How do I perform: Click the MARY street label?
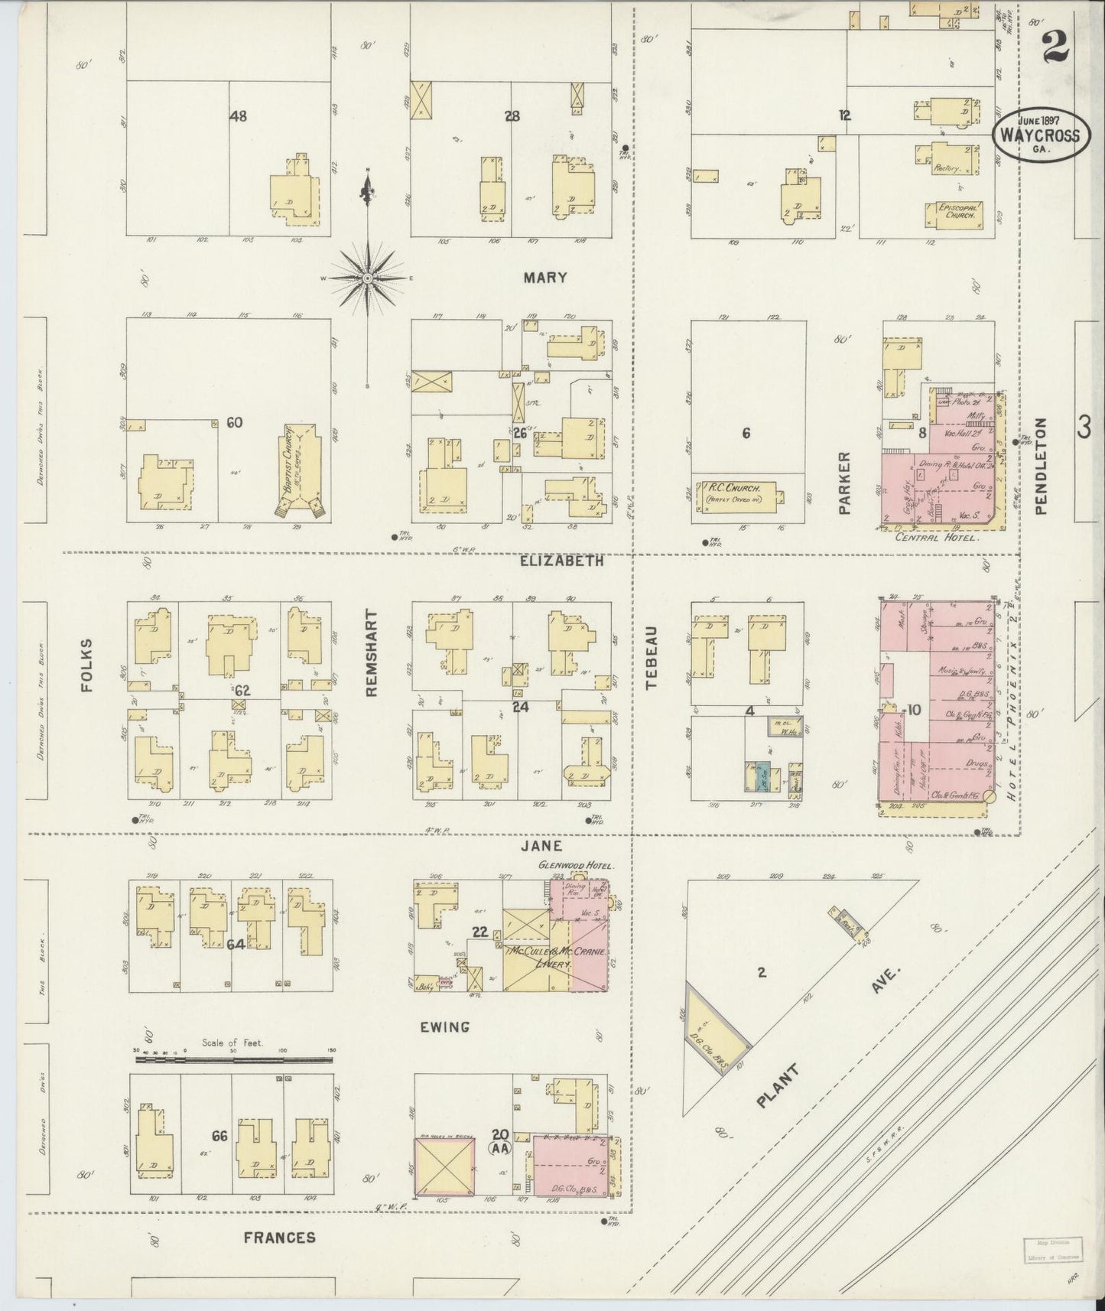point(544,278)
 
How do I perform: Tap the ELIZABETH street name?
point(562,560)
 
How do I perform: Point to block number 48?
point(238,116)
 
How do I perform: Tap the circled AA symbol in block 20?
point(501,1169)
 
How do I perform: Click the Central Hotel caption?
point(938,538)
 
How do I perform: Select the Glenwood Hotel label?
point(565,865)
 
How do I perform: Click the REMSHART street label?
point(372,652)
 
